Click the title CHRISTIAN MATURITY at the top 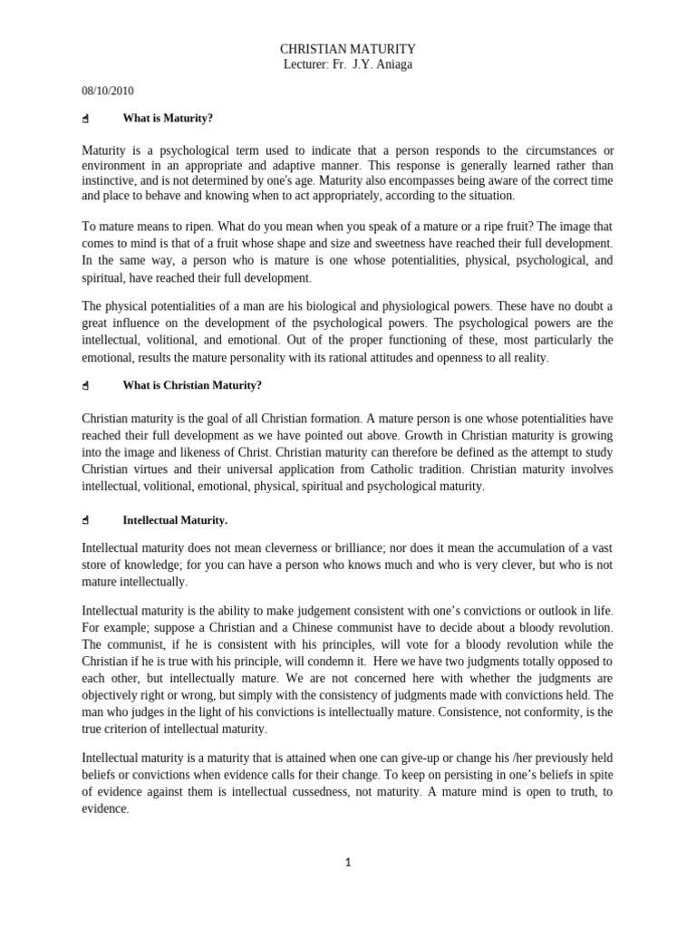347,49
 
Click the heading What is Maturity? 168,118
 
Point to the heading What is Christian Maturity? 192,385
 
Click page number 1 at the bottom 347,863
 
